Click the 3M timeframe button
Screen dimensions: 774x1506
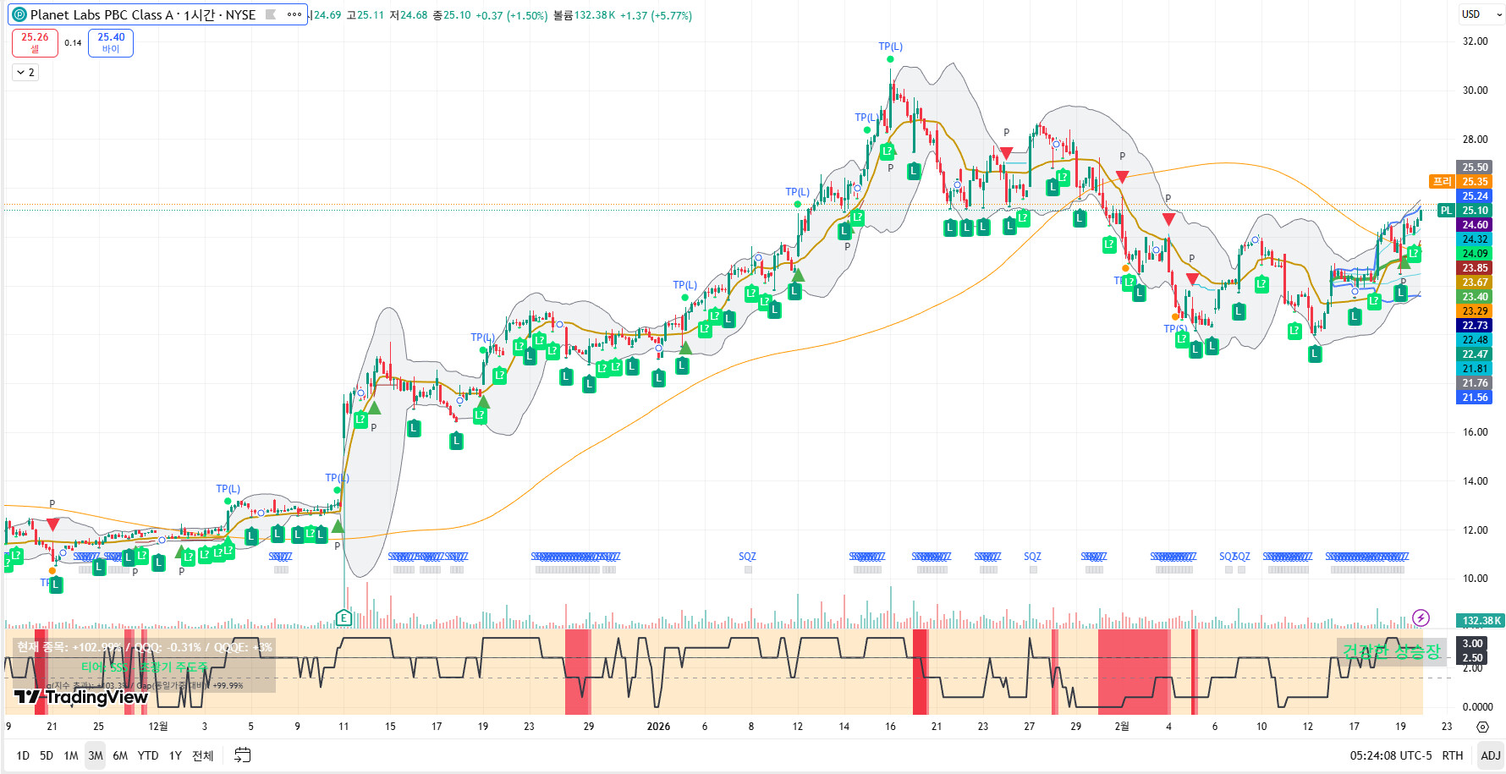(x=96, y=755)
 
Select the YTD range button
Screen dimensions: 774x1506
(x=148, y=755)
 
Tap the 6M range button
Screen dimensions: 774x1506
(x=120, y=755)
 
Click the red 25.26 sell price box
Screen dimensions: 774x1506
(x=35, y=42)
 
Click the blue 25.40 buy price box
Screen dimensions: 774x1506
(x=111, y=42)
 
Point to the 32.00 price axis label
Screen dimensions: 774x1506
(x=1475, y=41)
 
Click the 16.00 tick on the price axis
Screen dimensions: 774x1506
(x=1475, y=432)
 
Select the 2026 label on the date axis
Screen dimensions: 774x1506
(x=658, y=727)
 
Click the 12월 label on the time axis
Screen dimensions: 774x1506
(x=158, y=727)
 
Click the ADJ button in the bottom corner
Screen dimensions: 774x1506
(x=1490, y=755)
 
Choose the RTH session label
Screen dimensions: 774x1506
(x=1452, y=755)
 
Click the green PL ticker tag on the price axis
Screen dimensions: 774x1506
(x=1446, y=211)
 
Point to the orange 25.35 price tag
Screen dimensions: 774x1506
(x=1475, y=182)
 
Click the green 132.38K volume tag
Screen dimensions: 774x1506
(x=1480, y=621)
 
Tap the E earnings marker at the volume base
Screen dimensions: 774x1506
(x=344, y=618)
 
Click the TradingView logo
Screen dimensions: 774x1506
(x=81, y=697)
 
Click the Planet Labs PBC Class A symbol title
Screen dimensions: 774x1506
(x=142, y=14)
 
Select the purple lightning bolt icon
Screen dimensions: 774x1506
(x=1421, y=618)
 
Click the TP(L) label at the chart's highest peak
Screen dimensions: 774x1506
(x=890, y=47)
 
